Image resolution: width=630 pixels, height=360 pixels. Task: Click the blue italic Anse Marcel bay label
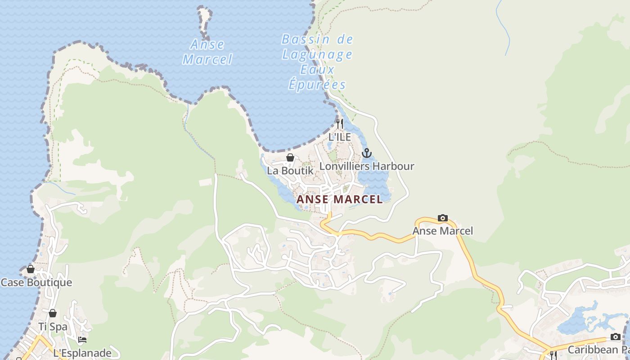[207, 52]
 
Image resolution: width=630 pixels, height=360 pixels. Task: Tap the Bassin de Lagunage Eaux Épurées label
[317, 62]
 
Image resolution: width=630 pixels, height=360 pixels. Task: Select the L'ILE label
[339, 137]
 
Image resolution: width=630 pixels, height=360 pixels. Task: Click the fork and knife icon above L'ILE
[340, 123]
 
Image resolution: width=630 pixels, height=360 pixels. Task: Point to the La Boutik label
[290, 171]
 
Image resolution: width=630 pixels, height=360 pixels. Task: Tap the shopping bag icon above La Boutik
[290, 157]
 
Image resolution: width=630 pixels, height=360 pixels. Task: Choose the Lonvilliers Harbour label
[366, 166]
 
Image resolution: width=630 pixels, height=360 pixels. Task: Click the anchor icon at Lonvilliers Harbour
[367, 153]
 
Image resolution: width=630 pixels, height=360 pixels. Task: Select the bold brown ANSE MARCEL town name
[340, 199]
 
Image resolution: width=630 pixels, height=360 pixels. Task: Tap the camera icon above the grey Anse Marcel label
[443, 218]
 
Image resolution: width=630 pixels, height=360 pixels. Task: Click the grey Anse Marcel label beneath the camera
[443, 231]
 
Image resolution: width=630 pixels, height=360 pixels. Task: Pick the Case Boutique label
[36, 283]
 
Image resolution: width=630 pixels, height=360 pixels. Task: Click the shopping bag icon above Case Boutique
[31, 269]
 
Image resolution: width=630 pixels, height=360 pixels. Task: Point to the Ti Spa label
[53, 327]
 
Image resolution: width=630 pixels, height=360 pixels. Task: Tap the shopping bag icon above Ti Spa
[53, 313]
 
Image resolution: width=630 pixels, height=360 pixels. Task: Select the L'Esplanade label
[82, 353]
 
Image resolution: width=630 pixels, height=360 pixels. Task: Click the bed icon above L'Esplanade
[82, 340]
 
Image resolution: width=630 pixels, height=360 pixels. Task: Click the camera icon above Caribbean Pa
[615, 337]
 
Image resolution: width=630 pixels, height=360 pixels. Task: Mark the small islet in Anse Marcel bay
[205, 20]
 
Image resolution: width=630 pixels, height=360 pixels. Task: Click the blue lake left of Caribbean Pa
[576, 322]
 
